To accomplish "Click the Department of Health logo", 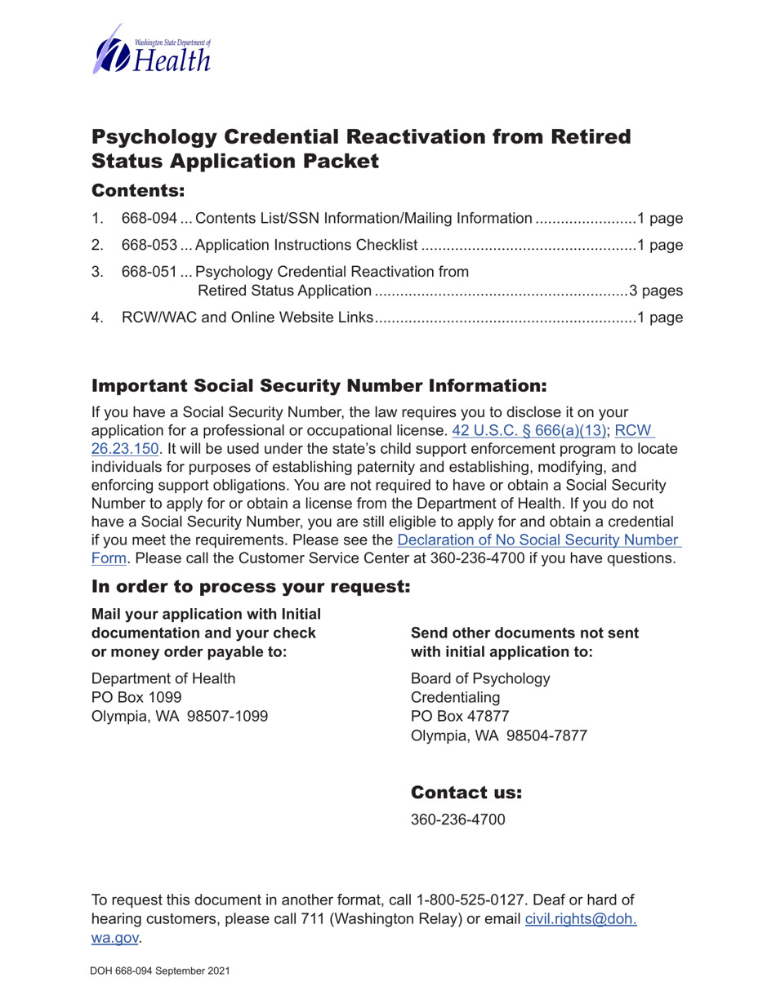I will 153,50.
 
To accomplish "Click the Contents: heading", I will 139,191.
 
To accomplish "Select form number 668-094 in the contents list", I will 149,219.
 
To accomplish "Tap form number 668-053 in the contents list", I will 149,245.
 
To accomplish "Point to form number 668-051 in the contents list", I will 149,271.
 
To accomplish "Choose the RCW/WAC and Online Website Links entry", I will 248,318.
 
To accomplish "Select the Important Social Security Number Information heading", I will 316,384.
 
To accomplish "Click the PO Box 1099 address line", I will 131,696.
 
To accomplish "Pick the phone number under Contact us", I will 457,819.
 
